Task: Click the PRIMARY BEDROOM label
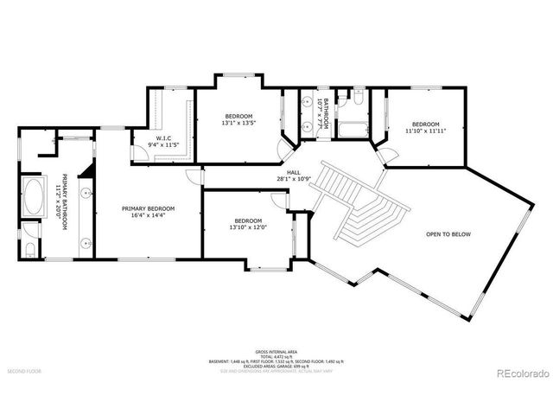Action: (x=148, y=208)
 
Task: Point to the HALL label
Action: (x=293, y=173)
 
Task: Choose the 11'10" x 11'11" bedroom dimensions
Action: (x=425, y=131)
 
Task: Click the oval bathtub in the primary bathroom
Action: (x=34, y=198)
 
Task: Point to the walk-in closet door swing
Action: (x=137, y=154)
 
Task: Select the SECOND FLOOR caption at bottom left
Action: (x=24, y=371)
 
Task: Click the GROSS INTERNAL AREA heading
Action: (x=276, y=352)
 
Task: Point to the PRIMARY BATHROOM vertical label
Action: (x=60, y=204)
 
